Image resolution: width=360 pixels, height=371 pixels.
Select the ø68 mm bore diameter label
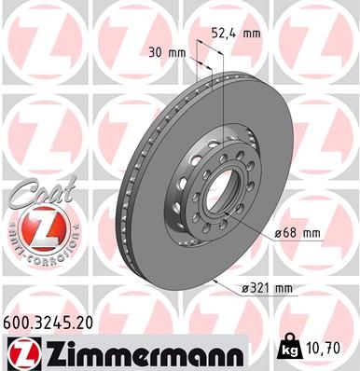(296, 232)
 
